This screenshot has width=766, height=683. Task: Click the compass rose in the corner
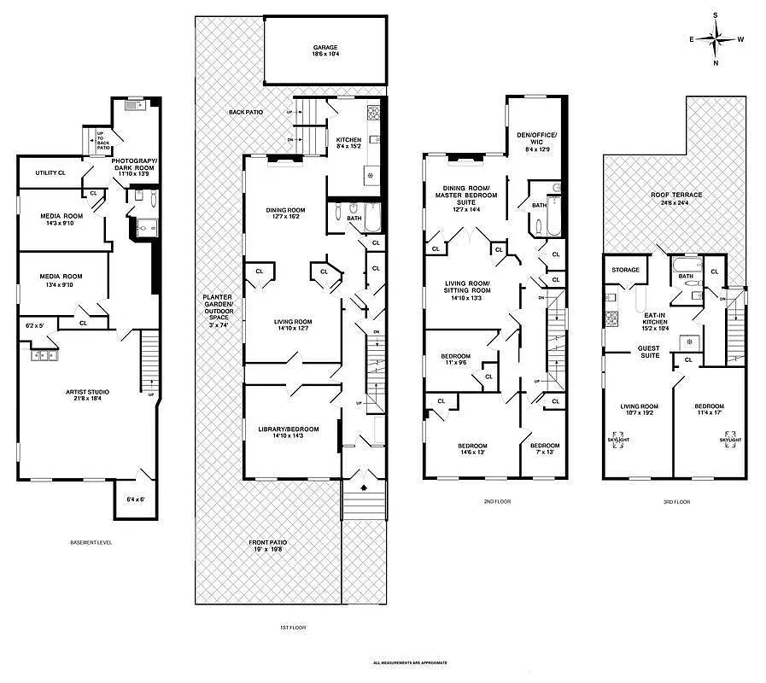pyautogui.click(x=716, y=38)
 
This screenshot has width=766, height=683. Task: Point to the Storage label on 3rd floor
pyautogui.click(x=625, y=271)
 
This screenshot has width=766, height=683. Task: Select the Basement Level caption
pyautogui.click(x=91, y=543)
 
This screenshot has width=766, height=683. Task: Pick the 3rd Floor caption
pyautogui.click(x=675, y=502)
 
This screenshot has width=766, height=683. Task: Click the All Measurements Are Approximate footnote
pyautogui.click(x=410, y=663)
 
